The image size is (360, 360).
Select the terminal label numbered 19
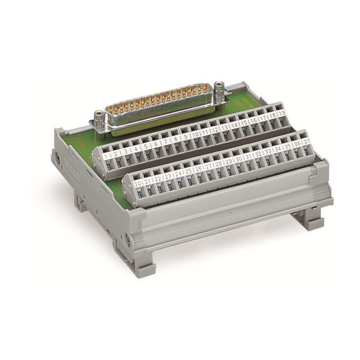(x=282, y=114)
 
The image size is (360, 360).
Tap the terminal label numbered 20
(x=137, y=183)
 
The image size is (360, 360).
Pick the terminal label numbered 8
(x=175, y=137)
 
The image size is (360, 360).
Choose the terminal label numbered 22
(x=157, y=178)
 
